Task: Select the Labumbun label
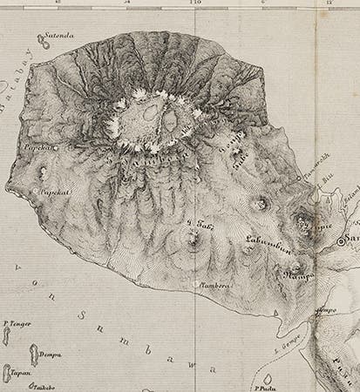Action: coord(266,244)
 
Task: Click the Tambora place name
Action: coord(214,283)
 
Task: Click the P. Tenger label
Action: coord(17,324)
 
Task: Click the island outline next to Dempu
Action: coord(35,355)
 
